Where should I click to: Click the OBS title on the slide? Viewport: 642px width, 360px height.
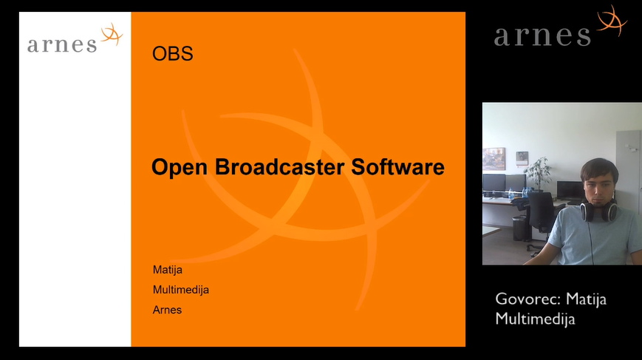(x=172, y=54)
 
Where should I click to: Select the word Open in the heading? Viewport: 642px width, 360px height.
(x=179, y=168)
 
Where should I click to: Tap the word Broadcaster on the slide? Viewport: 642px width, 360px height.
(x=279, y=166)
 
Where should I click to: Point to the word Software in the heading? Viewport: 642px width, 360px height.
(x=397, y=166)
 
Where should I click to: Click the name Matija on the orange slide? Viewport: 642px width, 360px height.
(x=168, y=270)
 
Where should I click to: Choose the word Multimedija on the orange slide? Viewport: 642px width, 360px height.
(x=180, y=290)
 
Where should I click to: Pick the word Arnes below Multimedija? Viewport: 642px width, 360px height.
(x=167, y=310)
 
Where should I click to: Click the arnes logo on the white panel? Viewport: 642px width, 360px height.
(x=75, y=38)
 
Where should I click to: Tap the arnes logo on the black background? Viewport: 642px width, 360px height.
(x=561, y=26)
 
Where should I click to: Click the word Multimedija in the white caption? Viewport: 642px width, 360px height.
(x=535, y=319)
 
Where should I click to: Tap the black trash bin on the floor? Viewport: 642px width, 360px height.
(x=519, y=228)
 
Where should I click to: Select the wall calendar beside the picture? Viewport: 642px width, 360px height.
(x=522, y=158)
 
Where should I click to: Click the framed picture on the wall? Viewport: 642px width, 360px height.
(x=494, y=158)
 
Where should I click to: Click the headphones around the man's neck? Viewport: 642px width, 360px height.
(x=598, y=210)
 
